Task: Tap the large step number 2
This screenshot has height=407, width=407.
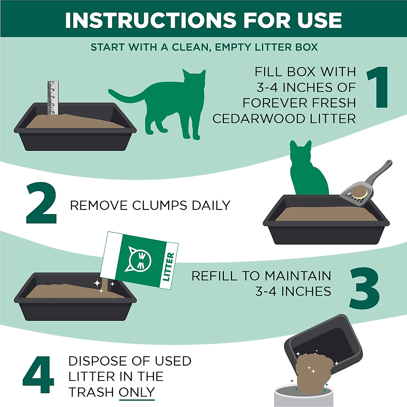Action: [x=41, y=203]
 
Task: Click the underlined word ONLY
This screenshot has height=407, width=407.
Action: [x=137, y=392]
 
